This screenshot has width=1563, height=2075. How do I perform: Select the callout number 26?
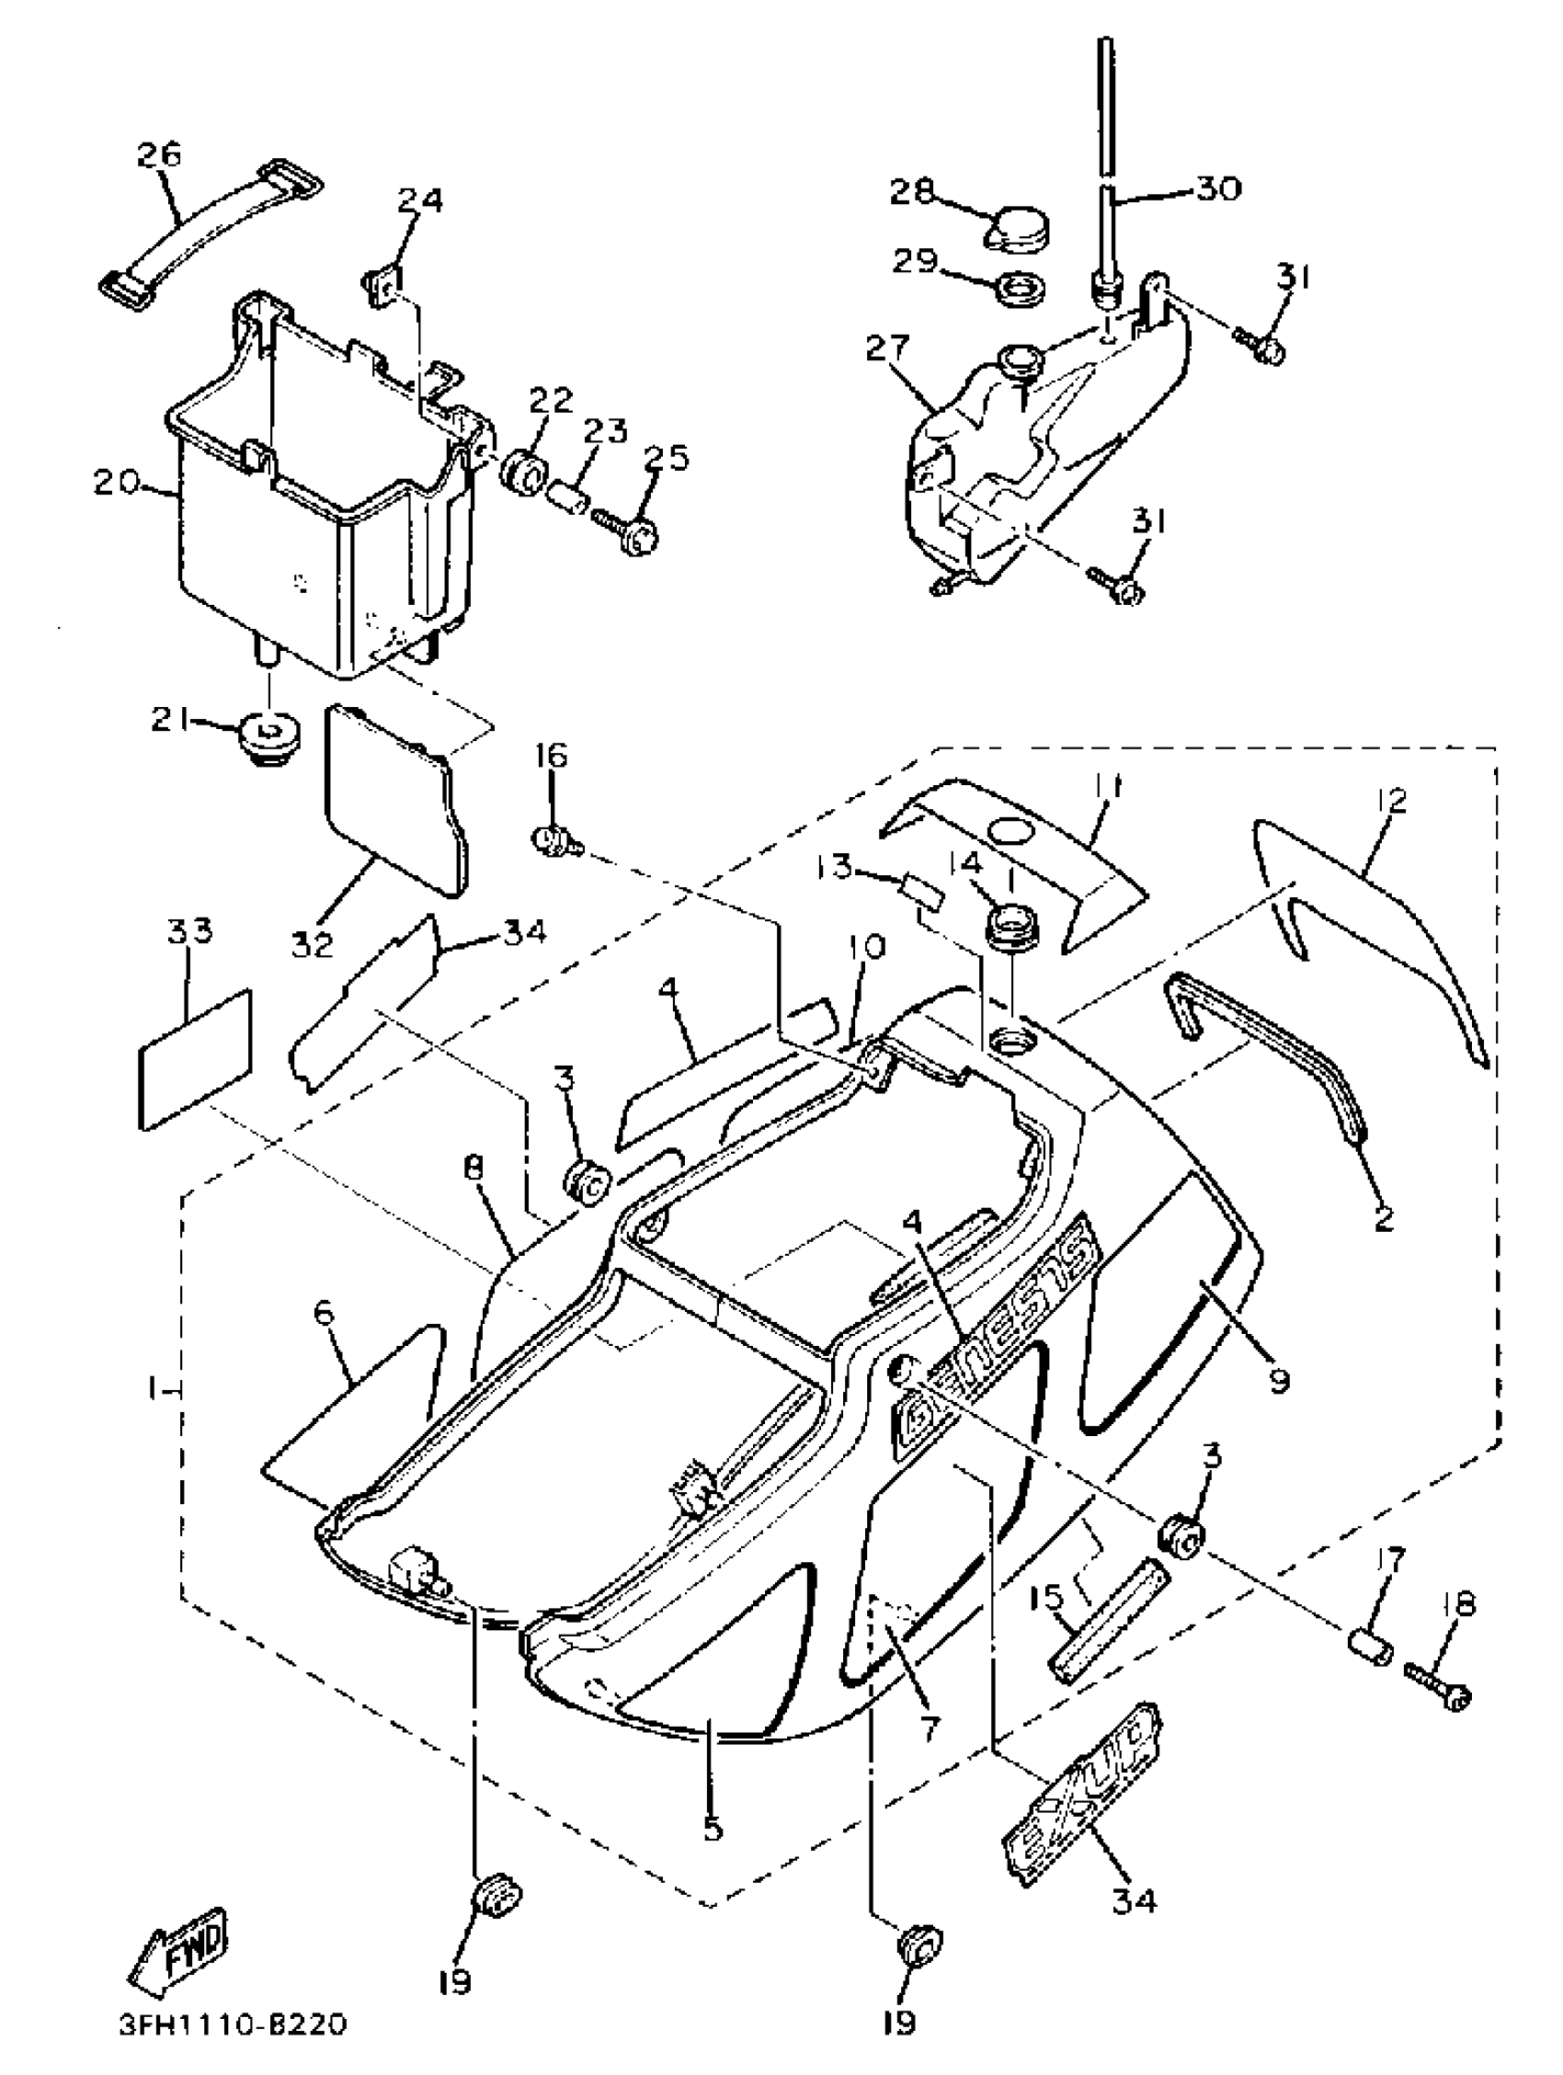click(158, 154)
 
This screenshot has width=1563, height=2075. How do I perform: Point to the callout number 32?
click(313, 944)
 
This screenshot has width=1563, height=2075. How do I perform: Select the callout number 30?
click(1220, 188)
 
